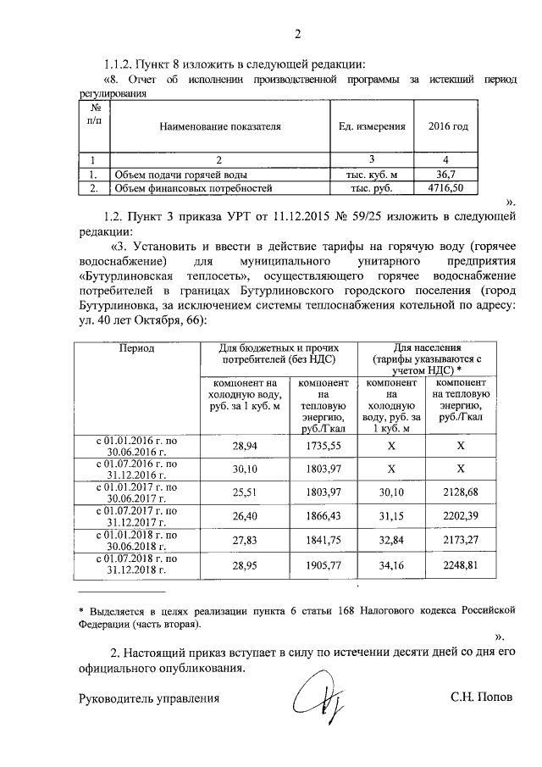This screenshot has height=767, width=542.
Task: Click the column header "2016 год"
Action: click(x=448, y=126)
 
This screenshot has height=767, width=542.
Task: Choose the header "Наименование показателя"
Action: click(x=219, y=126)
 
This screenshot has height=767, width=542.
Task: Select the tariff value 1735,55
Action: click(x=322, y=444)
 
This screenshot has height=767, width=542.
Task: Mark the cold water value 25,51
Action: click(x=242, y=492)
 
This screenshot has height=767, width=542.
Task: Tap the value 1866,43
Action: click(x=322, y=515)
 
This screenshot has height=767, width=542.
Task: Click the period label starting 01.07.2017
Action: click(x=135, y=516)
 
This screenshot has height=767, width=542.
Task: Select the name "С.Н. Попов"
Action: click(x=481, y=699)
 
